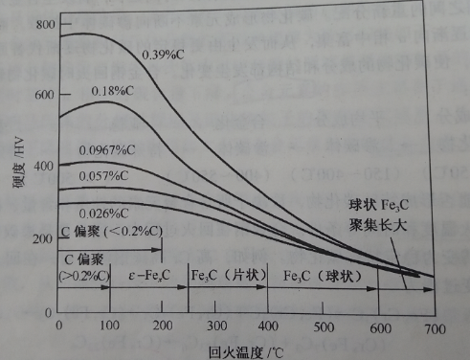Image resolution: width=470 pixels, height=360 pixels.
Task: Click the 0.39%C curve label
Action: (165, 54)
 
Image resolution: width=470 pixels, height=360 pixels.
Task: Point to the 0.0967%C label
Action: (108, 149)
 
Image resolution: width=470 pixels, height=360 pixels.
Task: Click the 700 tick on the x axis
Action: (435, 329)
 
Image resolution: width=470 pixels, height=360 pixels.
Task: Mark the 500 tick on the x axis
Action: (326, 329)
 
